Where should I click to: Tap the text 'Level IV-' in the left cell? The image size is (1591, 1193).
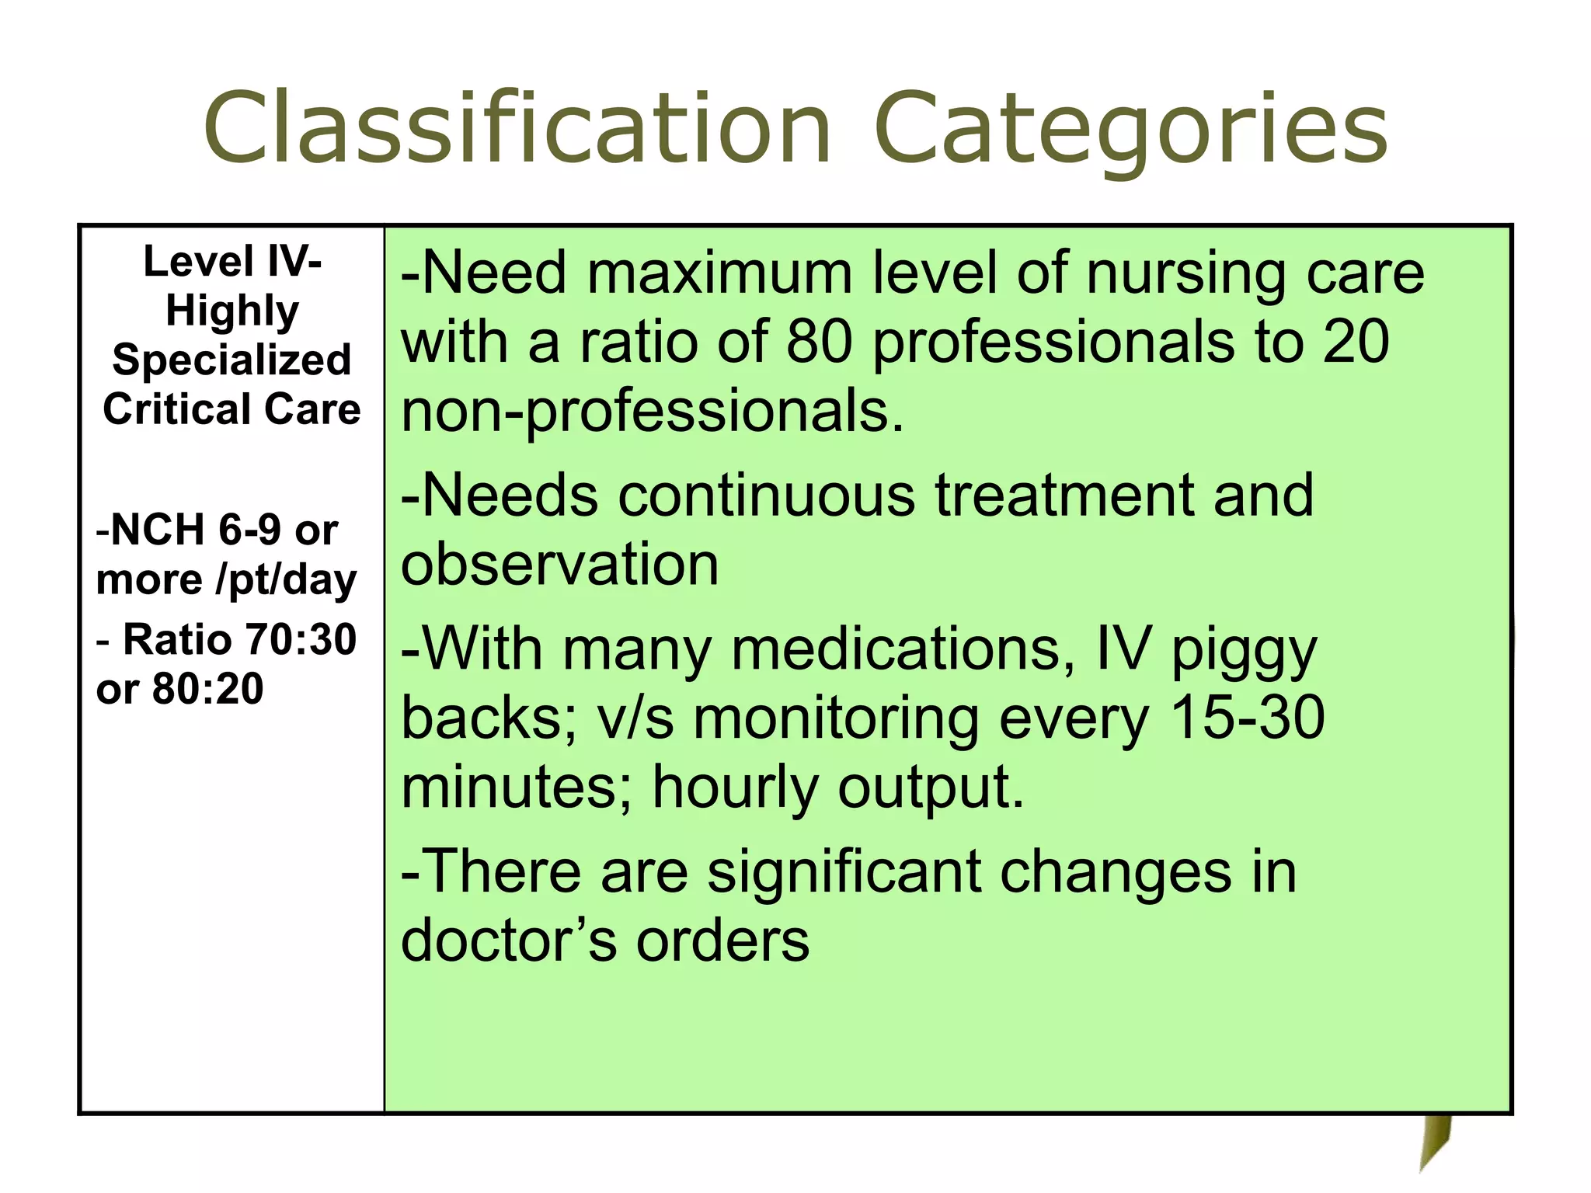coord(232,262)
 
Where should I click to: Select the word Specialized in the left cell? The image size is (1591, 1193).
coord(232,360)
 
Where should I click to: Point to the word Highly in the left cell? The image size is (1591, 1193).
coord(232,311)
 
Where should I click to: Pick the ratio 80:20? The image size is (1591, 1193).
coord(208,689)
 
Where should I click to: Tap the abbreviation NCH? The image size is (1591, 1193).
coord(158,530)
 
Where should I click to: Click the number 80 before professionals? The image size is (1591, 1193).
coord(819,342)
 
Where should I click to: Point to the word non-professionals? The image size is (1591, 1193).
coord(653,411)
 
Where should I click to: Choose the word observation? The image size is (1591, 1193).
coord(559,564)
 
